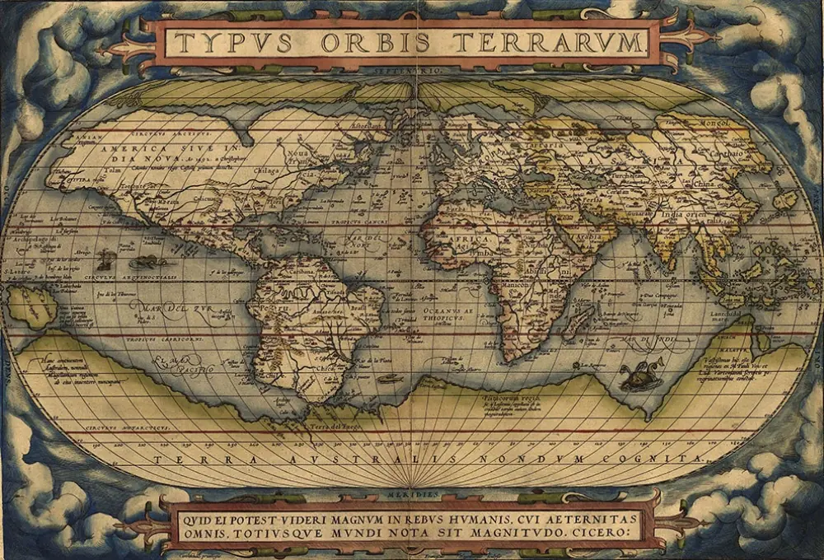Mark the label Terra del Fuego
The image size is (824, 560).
tap(330, 427)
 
